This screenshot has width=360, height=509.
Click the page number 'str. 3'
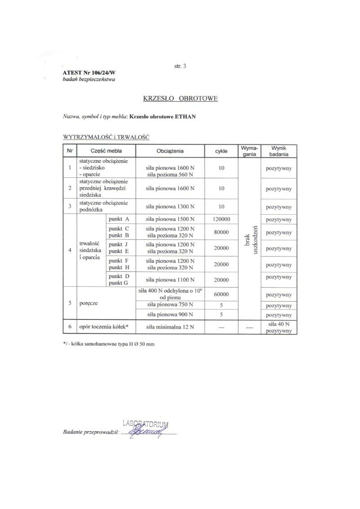pyautogui.click(x=180, y=66)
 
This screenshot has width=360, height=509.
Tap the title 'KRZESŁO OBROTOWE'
pyautogui.click(x=180, y=99)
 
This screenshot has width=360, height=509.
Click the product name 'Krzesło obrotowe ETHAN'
pyautogui.click(x=162, y=116)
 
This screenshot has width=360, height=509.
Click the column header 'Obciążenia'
pyautogui.click(x=170, y=151)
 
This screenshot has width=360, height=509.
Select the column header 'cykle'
pyautogui.click(x=221, y=151)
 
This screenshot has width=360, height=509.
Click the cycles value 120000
pyautogui.click(x=221, y=219)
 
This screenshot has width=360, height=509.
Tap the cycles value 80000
pyautogui.click(x=221, y=232)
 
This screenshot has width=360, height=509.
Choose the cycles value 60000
pyautogui.click(x=221, y=295)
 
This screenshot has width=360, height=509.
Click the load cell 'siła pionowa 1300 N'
pyautogui.click(x=170, y=207)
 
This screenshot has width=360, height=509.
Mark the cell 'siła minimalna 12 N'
pyautogui.click(x=170, y=327)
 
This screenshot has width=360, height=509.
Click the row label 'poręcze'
pyautogui.click(x=89, y=303)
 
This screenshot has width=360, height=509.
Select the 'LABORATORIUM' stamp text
pyautogui.click(x=145, y=423)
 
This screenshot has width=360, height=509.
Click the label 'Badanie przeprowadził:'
pyautogui.click(x=90, y=432)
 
